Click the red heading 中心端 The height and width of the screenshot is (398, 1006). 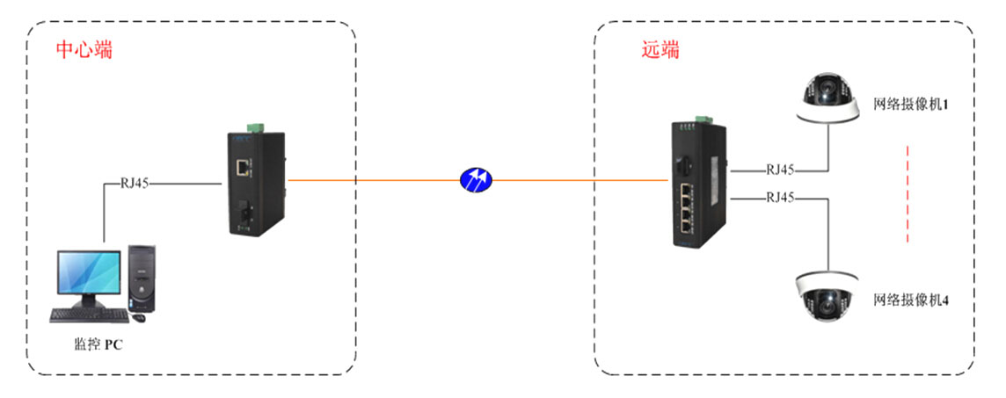pyautogui.click(x=84, y=49)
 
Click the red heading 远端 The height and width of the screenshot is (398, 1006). pyautogui.click(x=660, y=50)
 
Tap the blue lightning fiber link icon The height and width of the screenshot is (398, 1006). pyautogui.click(x=477, y=181)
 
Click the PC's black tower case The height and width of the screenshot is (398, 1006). pyautogui.click(x=142, y=278)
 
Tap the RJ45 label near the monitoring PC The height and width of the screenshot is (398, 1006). pyautogui.click(x=135, y=184)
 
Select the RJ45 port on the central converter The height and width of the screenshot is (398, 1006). pyautogui.click(x=241, y=164)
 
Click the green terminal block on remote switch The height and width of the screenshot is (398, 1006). pyautogui.click(x=701, y=119)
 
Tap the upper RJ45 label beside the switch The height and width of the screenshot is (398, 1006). pyautogui.click(x=780, y=170)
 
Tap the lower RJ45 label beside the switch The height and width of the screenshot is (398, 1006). pyautogui.click(x=780, y=198)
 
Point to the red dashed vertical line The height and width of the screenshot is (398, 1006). pyautogui.click(x=906, y=196)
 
